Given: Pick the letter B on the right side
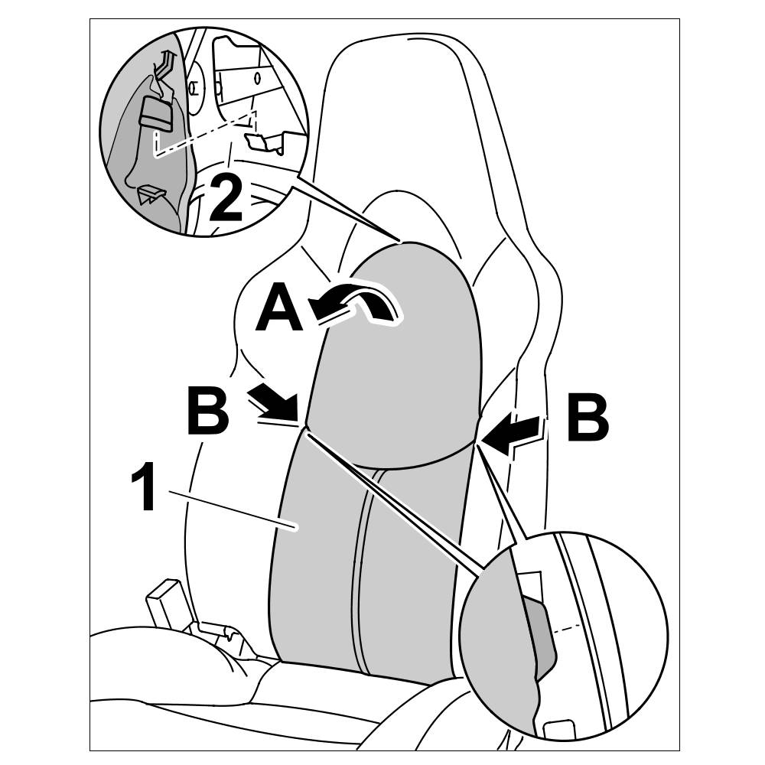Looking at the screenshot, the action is (588, 418).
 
